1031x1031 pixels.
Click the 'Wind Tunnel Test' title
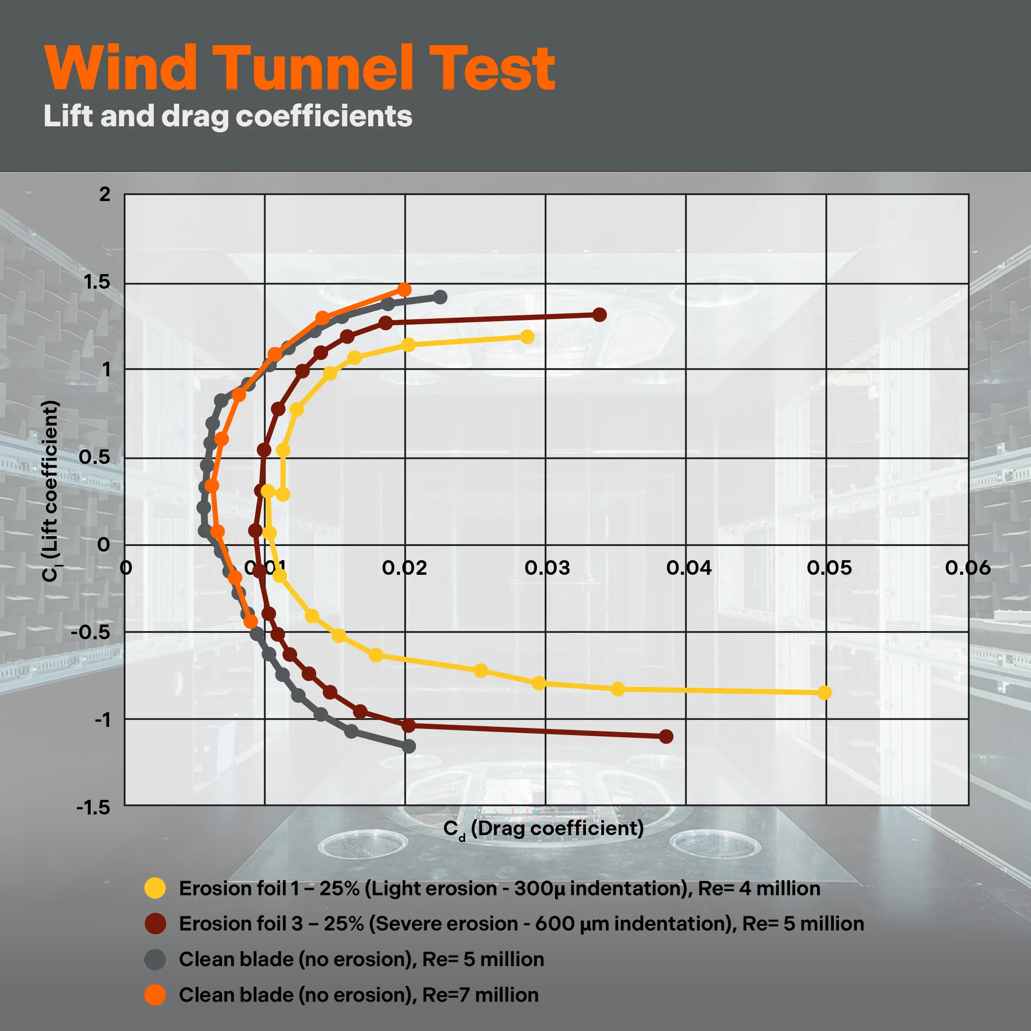pos(300,68)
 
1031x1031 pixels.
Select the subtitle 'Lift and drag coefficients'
pos(228,116)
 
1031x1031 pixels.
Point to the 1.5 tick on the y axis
pos(97,282)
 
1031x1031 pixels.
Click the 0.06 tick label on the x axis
pos(967,568)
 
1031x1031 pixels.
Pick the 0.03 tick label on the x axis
pos(547,568)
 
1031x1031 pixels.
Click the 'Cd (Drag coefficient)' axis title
pos(543,829)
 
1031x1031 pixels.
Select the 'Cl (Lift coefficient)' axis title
pos(50,491)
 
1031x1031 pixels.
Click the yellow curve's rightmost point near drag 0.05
pos(824,692)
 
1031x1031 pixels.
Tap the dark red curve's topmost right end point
pos(599,315)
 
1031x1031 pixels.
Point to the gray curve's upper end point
pos(440,297)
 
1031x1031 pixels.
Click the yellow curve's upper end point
pos(527,337)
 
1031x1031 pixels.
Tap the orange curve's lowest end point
pos(250,622)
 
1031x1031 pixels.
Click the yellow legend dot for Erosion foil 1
pos(155,888)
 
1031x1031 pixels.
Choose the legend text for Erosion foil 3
pos(522,924)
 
